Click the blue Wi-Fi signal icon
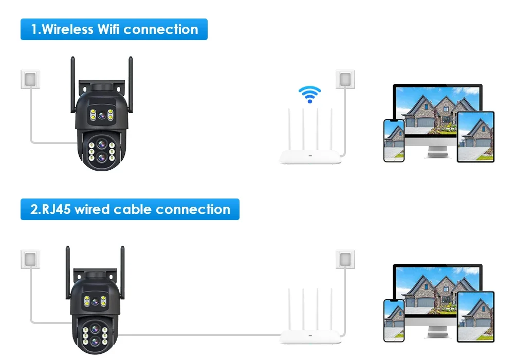(x=309, y=94)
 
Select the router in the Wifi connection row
(x=310, y=144)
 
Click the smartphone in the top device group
(x=394, y=140)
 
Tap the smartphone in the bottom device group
(x=394, y=320)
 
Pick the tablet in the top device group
(x=475, y=137)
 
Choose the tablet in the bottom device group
(x=475, y=317)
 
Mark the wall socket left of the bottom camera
(x=30, y=259)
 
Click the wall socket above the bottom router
(x=345, y=259)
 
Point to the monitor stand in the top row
(x=437, y=151)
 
